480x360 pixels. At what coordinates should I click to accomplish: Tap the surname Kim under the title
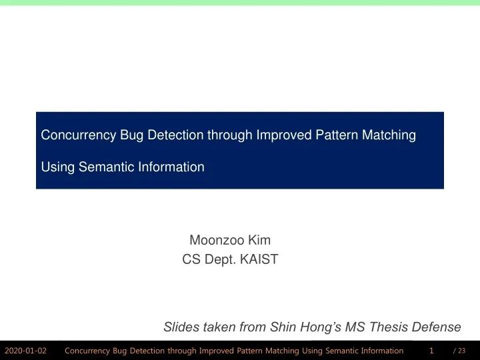[259, 240]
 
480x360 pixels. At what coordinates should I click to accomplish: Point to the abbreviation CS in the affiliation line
[191, 260]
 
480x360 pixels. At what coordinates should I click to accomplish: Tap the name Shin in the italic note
[283, 327]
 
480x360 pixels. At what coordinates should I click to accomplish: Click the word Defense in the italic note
[438, 327]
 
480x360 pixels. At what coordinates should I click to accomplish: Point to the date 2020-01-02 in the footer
[25, 351]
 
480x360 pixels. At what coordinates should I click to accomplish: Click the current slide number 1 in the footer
[431, 351]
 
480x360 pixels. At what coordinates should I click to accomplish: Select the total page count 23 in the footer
[462, 351]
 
